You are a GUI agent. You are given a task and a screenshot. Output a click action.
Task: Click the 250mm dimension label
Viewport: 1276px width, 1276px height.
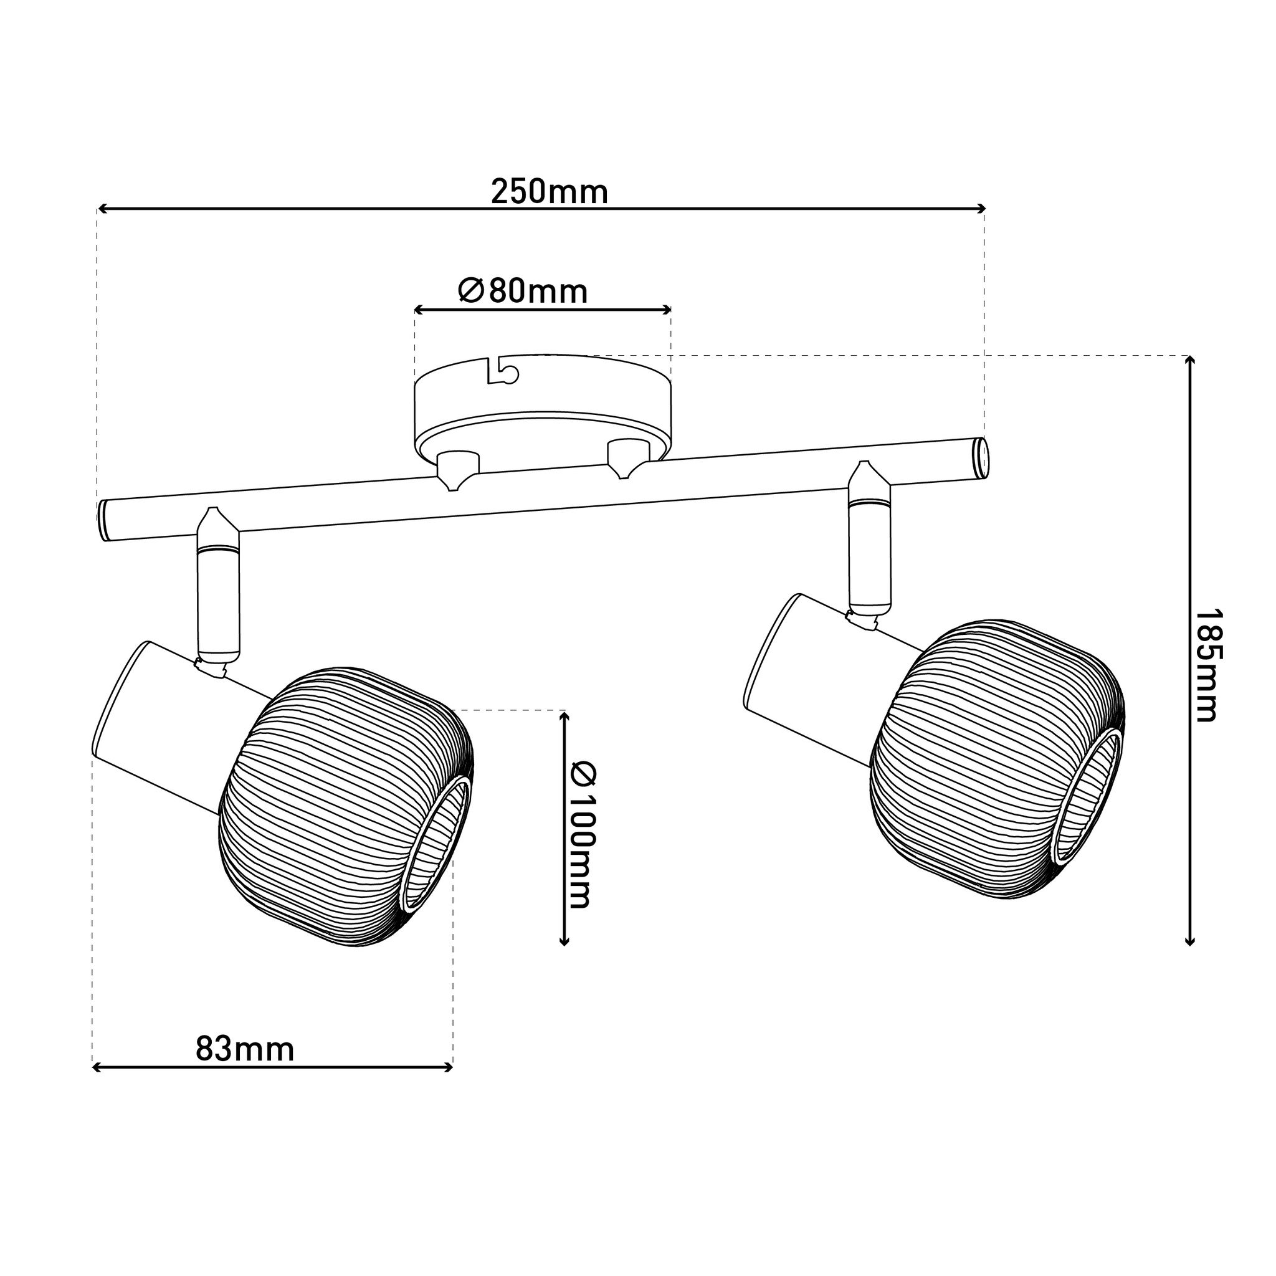coord(550,192)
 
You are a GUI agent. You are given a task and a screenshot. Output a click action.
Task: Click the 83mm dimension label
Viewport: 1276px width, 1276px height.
coord(245,1049)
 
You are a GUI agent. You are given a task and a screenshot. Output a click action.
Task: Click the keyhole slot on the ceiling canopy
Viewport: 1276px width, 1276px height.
coord(503,372)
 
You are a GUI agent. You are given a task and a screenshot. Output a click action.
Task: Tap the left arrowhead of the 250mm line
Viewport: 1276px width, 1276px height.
coord(102,209)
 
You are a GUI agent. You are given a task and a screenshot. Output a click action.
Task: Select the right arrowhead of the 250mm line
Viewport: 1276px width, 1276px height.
coord(980,209)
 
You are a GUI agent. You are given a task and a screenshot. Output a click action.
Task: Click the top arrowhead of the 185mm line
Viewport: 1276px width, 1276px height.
coord(1189,361)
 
